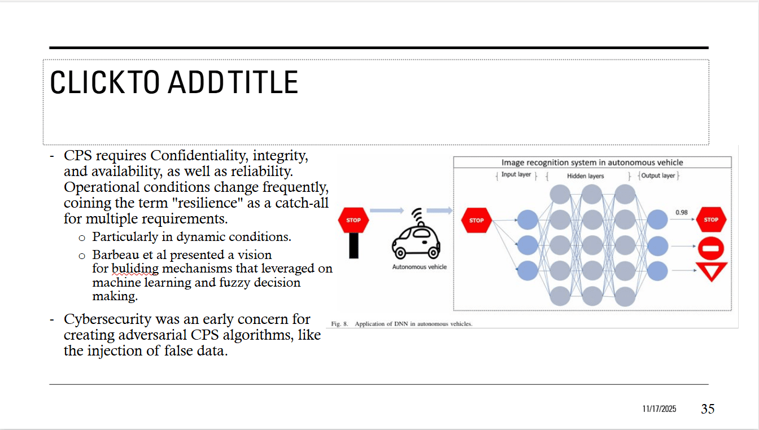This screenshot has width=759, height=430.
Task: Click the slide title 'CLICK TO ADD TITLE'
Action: (x=174, y=82)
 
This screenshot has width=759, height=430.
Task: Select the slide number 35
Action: (x=708, y=409)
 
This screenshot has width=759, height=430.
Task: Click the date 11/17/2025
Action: (x=659, y=409)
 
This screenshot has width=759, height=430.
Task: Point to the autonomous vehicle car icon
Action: (x=416, y=240)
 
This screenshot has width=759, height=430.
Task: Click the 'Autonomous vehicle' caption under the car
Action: (x=419, y=267)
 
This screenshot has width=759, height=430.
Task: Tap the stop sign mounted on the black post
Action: (x=354, y=220)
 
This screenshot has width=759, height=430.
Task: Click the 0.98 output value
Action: (x=681, y=212)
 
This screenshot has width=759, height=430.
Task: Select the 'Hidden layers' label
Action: (x=585, y=176)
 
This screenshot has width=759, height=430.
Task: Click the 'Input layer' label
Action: (x=516, y=175)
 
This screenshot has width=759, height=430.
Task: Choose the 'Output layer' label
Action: (x=658, y=175)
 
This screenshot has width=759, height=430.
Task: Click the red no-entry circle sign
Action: (x=711, y=248)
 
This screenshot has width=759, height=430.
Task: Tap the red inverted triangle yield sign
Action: (x=711, y=271)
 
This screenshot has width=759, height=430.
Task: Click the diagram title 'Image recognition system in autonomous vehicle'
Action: (x=592, y=163)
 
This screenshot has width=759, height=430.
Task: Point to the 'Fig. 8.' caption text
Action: (x=340, y=324)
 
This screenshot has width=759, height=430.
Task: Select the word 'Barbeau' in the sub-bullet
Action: (x=116, y=255)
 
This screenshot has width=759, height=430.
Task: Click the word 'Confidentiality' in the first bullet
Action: (x=199, y=155)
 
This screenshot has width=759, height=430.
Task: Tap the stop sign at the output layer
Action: (x=711, y=220)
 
